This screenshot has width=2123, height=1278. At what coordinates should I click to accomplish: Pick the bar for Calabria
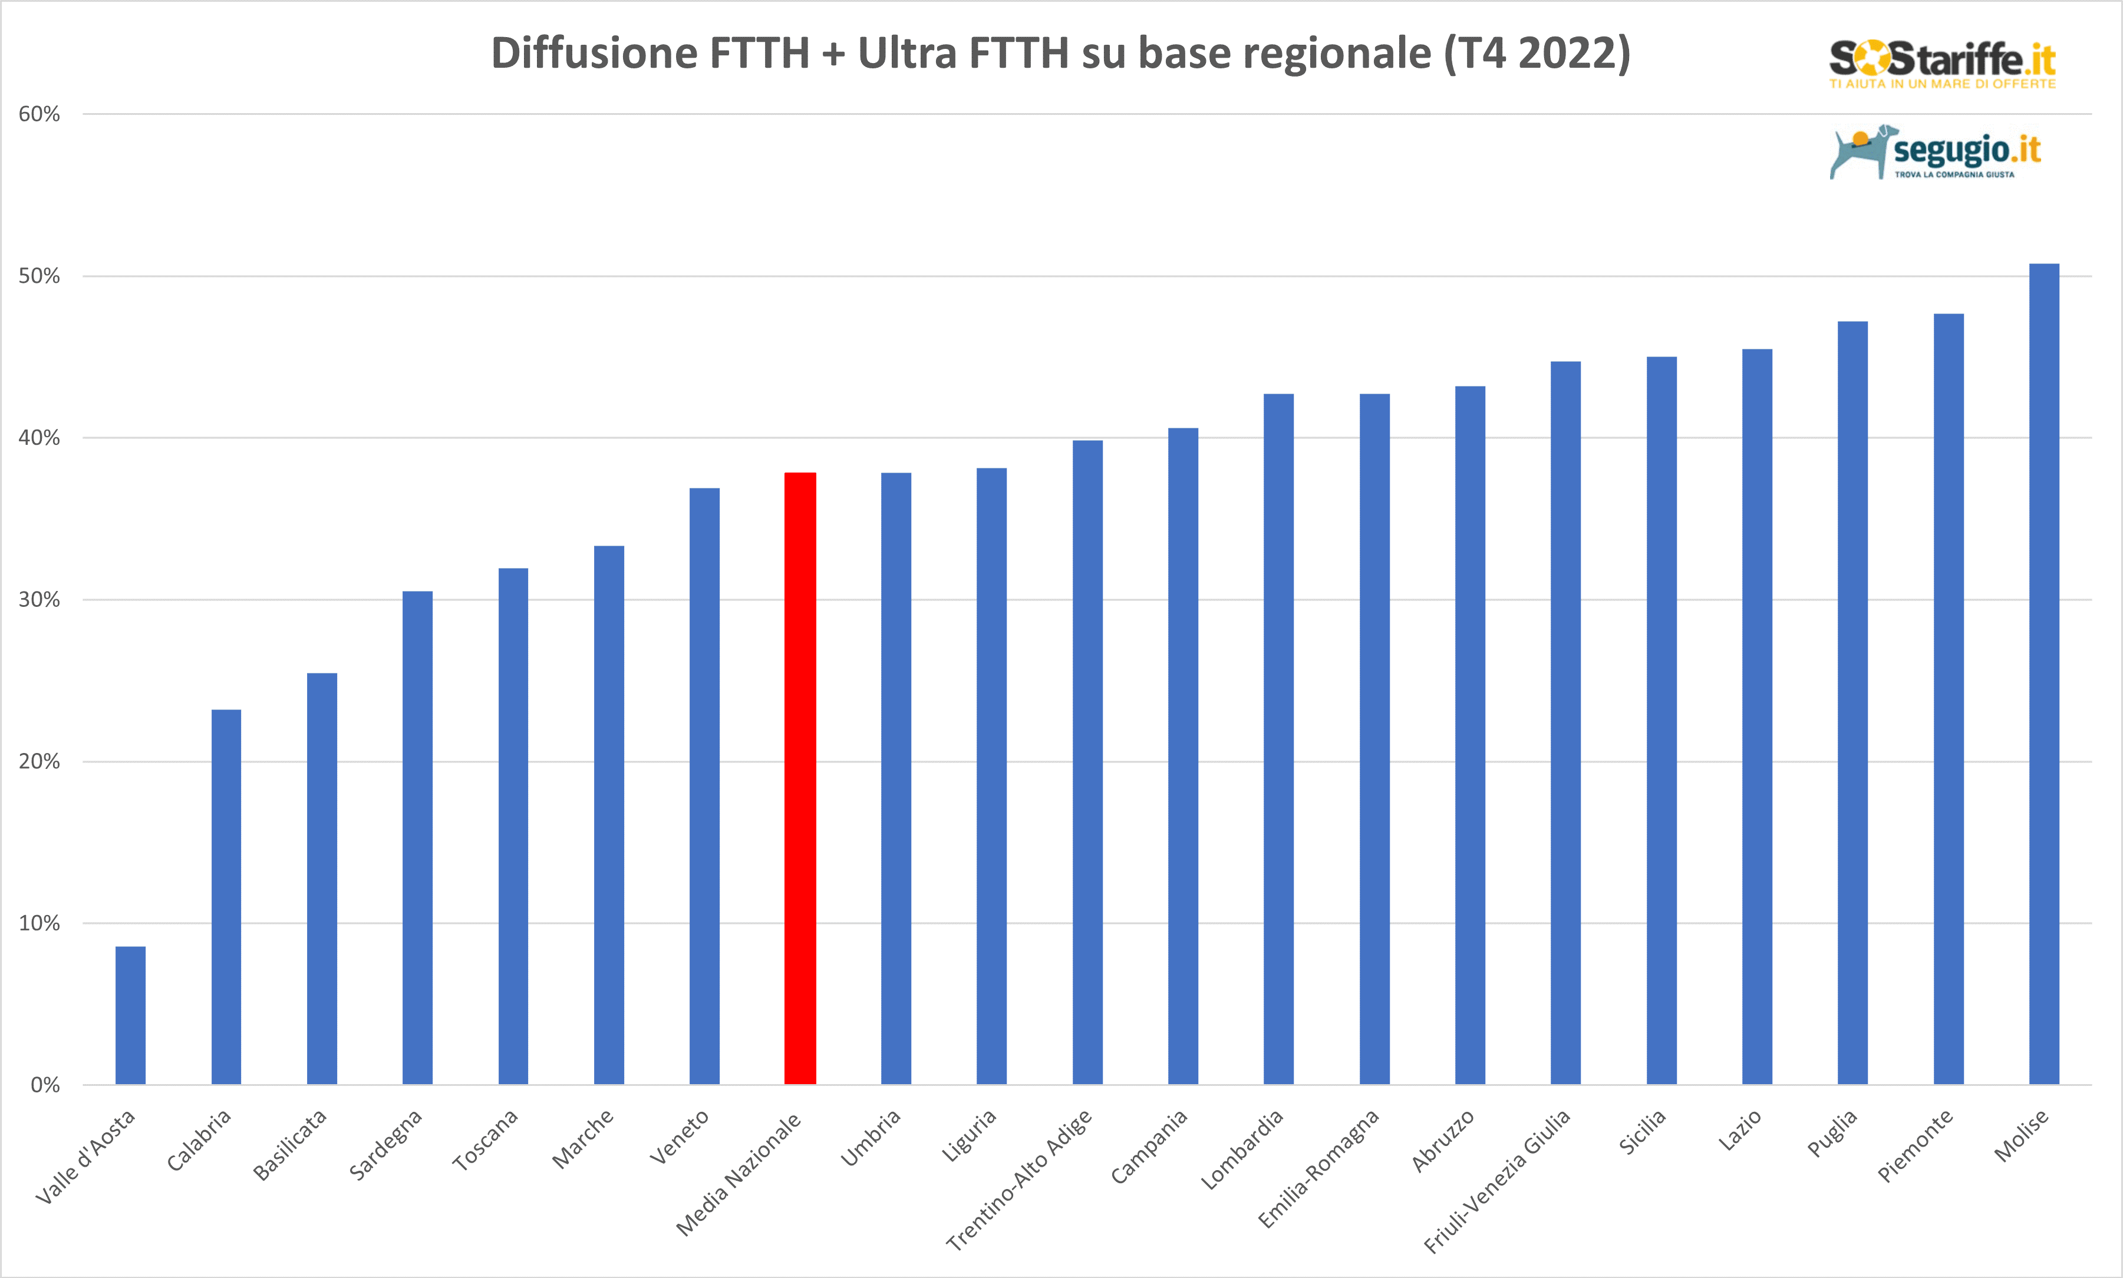(x=226, y=897)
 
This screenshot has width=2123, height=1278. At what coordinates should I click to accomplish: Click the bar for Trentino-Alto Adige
(x=1087, y=762)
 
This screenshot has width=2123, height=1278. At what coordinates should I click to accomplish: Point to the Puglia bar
(x=1852, y=703)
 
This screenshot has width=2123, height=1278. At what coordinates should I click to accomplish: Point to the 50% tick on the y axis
(x=39, y=276)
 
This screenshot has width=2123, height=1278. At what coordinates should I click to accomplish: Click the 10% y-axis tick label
(x=39, y=923)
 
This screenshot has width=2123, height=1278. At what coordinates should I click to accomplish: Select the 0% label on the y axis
(x=45, y=1085)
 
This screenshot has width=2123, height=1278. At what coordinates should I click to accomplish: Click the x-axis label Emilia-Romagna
(x=1318, y=1168)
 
